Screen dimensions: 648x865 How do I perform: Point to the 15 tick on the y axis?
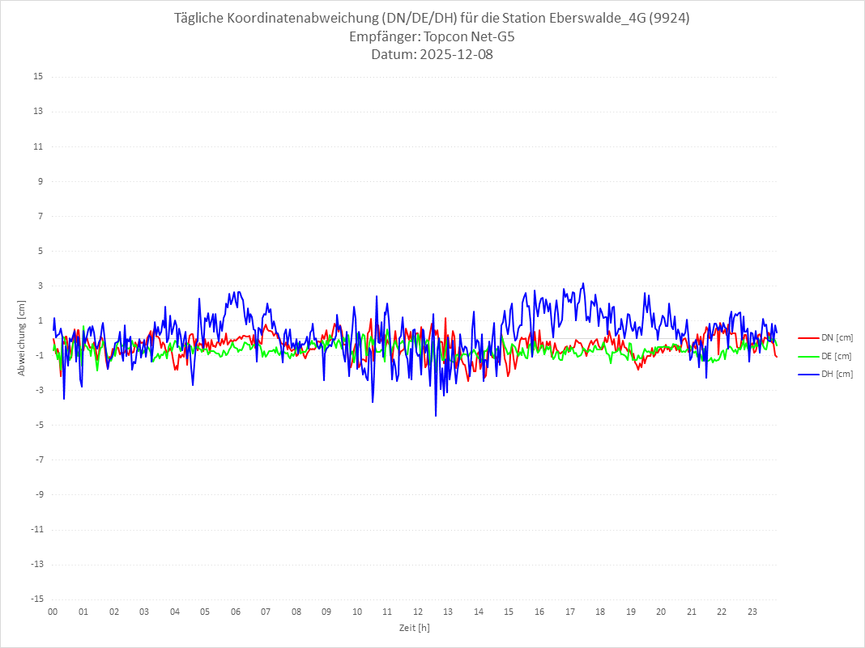tap(38, 77)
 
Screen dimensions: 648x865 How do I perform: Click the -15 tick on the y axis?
tap(36, 599)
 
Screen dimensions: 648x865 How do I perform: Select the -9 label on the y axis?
tap(38, 494)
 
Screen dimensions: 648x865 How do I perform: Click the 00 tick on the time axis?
tap(53, 612)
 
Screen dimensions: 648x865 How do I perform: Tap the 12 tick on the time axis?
tap(418, 612)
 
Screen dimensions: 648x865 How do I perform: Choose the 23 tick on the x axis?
tap(752, 612)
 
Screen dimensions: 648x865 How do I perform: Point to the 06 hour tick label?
tap(235, 612)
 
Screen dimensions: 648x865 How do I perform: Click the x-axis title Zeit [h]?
tap(415, 627)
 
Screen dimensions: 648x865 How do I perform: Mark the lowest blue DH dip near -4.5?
tap(436, 416)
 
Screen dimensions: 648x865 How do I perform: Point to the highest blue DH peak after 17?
tap(583, 284)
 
